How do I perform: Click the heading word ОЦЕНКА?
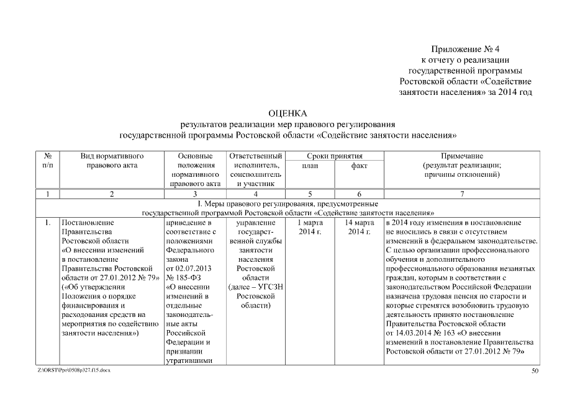click(x=288, y=114)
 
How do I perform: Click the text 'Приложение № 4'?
click(x=465, y=49)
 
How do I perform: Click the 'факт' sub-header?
click(x=359, y=166)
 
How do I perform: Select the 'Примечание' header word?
click(x=461, y=156)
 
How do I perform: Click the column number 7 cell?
click(x=461, y=195)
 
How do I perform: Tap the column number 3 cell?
click(x=195, y=195)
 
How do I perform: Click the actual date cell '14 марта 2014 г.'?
click(x=359, y=226)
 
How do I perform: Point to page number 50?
click(x=535, y=371)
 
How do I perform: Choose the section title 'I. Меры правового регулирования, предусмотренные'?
click(x=288, y=203)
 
